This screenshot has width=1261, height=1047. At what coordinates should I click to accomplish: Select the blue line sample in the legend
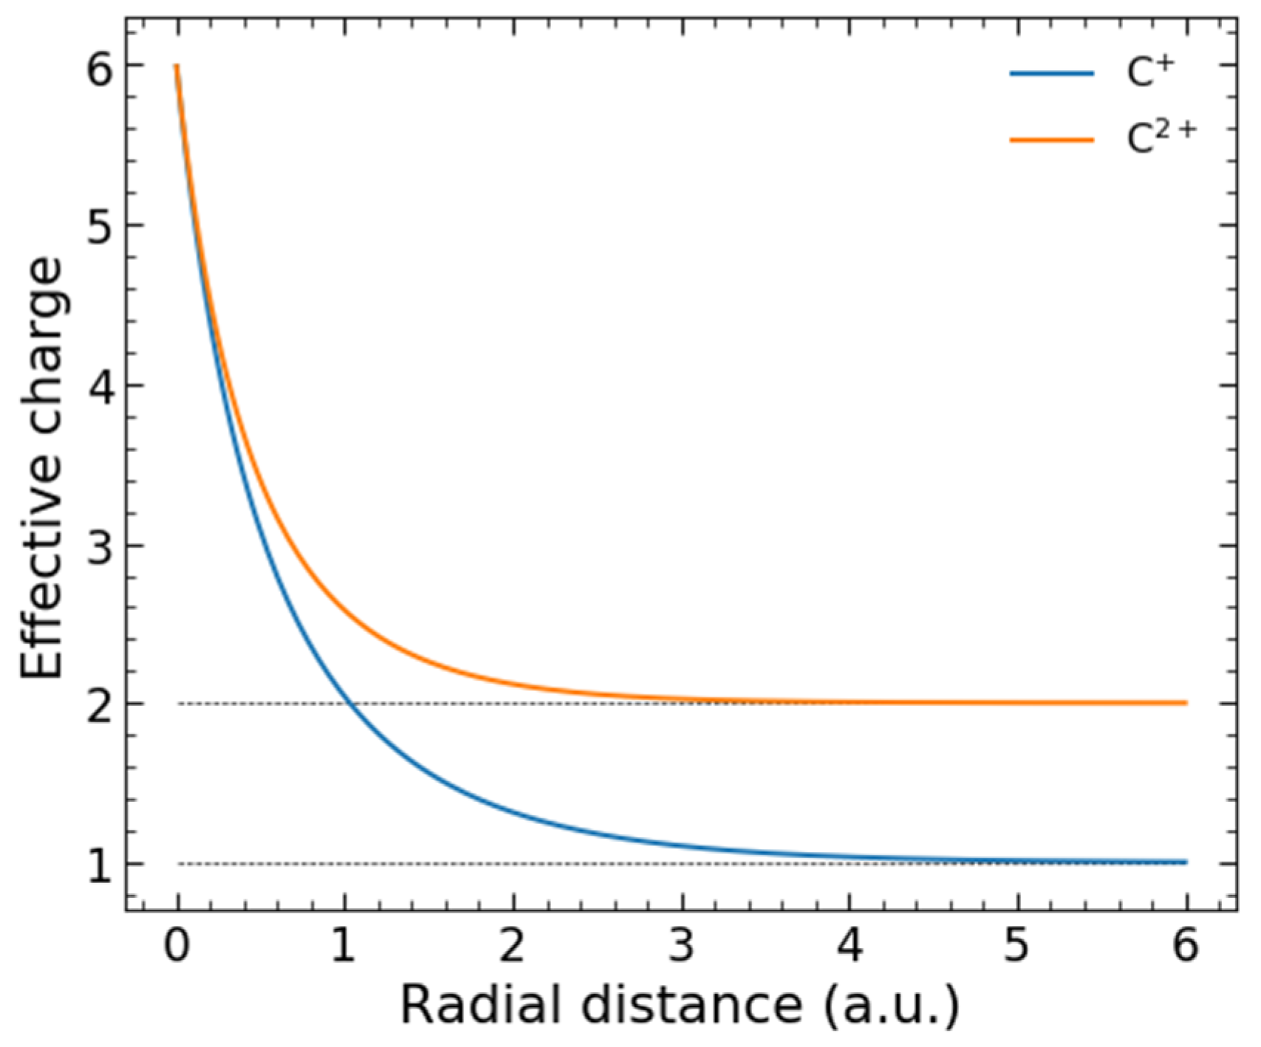click(1052, 74)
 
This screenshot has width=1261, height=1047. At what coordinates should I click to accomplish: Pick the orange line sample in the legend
click(1052, 140)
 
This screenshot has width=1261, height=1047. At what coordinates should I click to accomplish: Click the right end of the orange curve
click(1185, 703)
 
